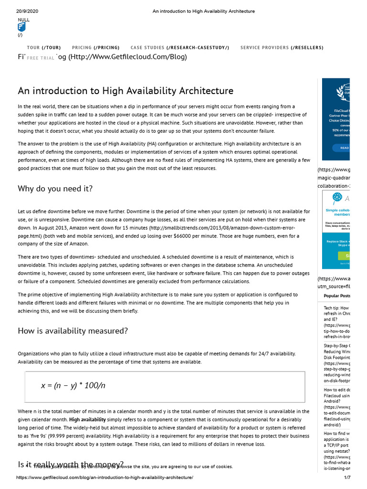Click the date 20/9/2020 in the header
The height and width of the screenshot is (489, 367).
click(27, 11)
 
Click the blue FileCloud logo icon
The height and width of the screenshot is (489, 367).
click(22, 28)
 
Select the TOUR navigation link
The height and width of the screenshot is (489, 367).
click(43, 48)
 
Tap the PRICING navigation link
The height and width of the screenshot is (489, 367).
click(96, 48)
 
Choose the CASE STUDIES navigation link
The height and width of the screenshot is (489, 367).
click(180, 48)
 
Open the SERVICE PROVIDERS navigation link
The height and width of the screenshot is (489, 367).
click(281, 48)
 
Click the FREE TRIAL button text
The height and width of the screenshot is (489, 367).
click(41, 58)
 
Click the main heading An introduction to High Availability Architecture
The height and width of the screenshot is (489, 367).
click(126, 91)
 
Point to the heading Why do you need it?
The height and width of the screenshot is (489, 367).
click(55, 189)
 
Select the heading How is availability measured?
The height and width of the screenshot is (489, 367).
click(73, 331)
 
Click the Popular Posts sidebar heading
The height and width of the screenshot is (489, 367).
click(336, 296)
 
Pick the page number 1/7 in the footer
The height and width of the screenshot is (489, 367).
click(347, 478)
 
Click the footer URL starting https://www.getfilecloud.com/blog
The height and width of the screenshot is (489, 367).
click(105, 478)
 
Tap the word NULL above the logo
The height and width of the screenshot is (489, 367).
click(23, 20)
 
